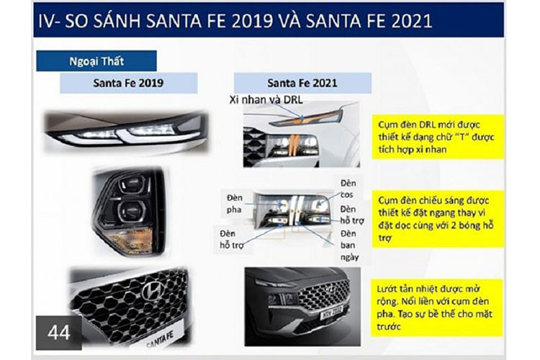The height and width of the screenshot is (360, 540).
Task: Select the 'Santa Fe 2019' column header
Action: [x=127, y=83]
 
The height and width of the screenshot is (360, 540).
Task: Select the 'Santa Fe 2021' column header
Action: [x=302, y=83]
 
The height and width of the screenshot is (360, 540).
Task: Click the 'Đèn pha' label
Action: [x=236, y=202]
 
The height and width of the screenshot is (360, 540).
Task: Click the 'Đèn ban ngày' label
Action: [x=350, y=245]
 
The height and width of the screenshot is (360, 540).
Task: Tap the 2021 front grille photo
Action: [x=302, y=301]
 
